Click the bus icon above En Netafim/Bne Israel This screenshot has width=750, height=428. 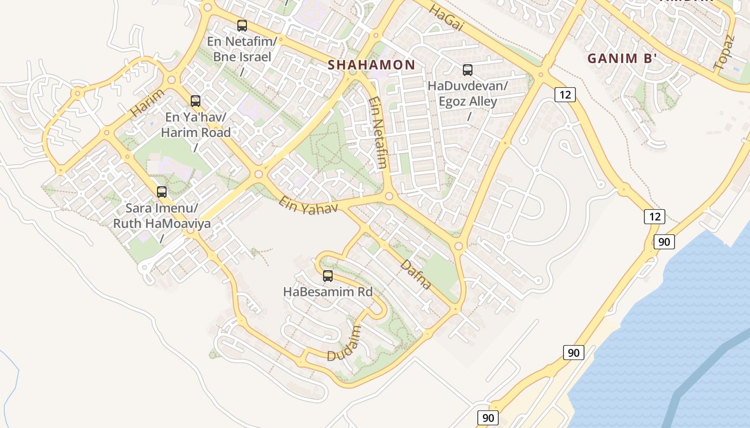tap(242, 26)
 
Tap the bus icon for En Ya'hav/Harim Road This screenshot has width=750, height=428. tap(196, 101)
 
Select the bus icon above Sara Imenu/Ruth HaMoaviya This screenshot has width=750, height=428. tap(162, 192)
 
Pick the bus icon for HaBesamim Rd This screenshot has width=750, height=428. tap(328, 277)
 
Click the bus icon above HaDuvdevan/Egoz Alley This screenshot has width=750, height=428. tap(468, 70)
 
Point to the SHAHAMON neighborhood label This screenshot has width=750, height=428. tap(371, 65)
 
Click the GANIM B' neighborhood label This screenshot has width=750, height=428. tap(622, 58)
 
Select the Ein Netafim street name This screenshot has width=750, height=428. tap(378, 133)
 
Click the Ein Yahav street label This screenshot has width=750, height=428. tap(308, 205)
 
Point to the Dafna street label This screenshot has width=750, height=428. tap(416, 274)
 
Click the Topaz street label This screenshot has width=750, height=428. tap(723, 52)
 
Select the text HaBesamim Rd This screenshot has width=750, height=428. tap(328, 292)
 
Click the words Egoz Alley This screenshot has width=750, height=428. tap(468, 101)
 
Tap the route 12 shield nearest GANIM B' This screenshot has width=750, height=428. tap(565, 95)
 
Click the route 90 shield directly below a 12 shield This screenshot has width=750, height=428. tap(664, 242)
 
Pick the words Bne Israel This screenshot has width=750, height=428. tap(242, 57)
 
